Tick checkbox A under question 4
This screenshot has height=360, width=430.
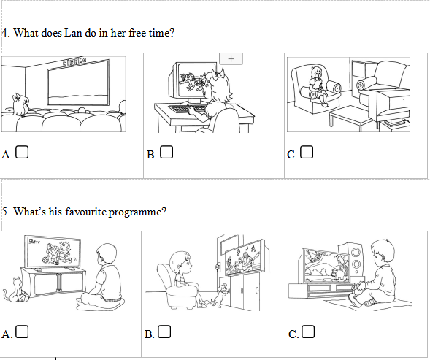22,152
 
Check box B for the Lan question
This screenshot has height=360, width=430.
166,152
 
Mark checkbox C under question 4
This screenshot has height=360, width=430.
307,152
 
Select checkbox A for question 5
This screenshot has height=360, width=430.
22,332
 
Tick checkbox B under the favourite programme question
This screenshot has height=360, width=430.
164,332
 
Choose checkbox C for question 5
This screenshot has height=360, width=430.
308,332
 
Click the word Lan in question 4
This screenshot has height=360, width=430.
73,33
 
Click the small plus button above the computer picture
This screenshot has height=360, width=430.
231,58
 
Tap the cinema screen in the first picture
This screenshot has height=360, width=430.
78,83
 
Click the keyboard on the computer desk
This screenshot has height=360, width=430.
187,110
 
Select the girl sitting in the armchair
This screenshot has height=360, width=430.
318,85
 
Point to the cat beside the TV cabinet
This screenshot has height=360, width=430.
13,290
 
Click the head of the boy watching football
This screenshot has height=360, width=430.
107,254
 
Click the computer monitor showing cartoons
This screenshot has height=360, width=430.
192,81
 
